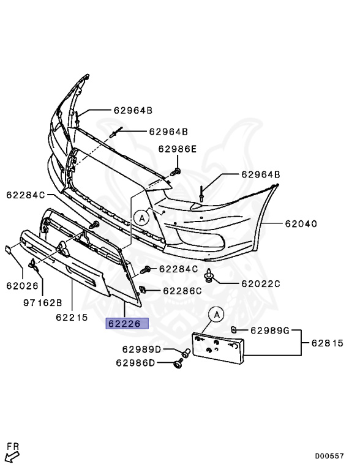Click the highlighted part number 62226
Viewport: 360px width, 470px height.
(127, 324)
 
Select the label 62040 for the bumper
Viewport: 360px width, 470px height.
(300, 224)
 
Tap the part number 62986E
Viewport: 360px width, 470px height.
(178, 149)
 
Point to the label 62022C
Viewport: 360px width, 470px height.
(260, 283)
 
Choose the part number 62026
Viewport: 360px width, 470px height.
(23, 285)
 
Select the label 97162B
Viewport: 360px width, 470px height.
(43, 302)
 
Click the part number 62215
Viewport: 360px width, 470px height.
(72, 318)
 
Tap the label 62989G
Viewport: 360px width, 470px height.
(269, 331)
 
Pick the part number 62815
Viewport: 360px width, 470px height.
(330, 343)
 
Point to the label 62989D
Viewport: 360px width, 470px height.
(141, 349)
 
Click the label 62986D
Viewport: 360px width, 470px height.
(136, 363)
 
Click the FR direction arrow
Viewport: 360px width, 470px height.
(12, 453)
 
